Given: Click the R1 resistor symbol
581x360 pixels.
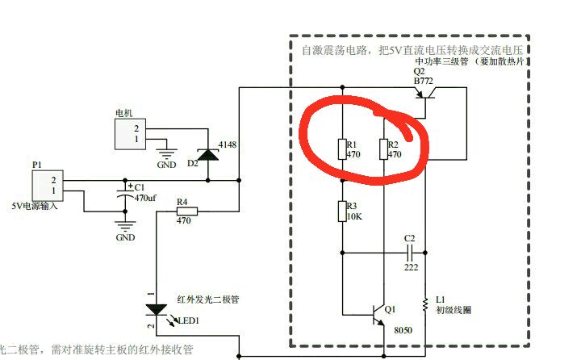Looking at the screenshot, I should point(342,149).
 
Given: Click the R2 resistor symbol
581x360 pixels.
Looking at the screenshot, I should point(382,149).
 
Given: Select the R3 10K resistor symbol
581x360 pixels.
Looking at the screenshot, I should point(342,211).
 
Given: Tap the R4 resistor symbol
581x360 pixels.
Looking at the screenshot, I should point(186,213).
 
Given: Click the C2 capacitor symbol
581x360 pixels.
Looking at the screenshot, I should point(409,251).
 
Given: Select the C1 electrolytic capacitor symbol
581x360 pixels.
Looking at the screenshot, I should point(125,191).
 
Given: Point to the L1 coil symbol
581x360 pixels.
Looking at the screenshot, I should point(425,305).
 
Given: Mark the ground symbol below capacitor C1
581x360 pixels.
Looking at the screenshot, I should point(125,228).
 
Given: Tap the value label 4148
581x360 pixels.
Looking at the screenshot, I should point(228,145).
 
